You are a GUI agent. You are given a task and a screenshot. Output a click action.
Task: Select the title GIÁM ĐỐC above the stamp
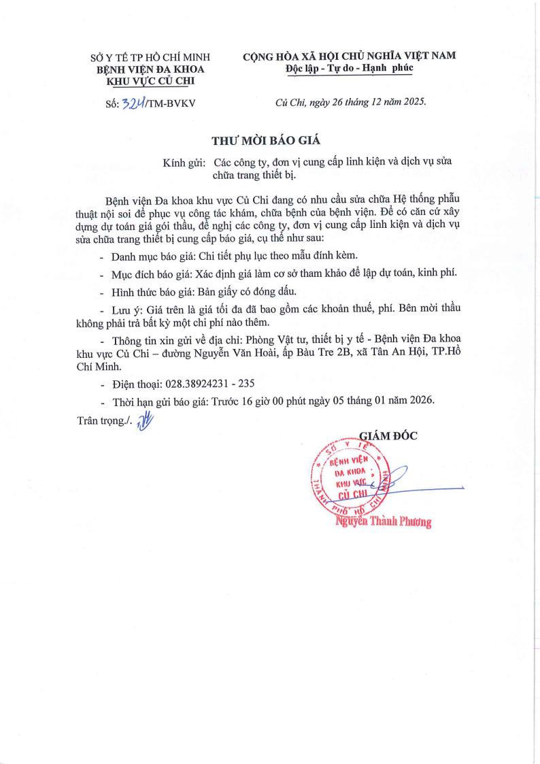(x=388, y=436)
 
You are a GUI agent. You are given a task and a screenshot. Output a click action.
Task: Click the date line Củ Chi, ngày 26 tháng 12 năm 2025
(x=350, y=102)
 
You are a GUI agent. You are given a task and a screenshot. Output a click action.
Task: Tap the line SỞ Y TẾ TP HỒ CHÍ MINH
(x=151, y=58)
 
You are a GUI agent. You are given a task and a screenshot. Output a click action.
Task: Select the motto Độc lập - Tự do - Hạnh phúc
(x=350, y=69)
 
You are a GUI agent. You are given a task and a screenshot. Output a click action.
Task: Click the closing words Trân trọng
(x=100, y=421)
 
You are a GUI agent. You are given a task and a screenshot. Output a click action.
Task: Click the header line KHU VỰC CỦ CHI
(x=151, y=81)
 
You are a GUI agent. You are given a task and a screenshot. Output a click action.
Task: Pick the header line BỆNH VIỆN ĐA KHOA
(x=151, y=69)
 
